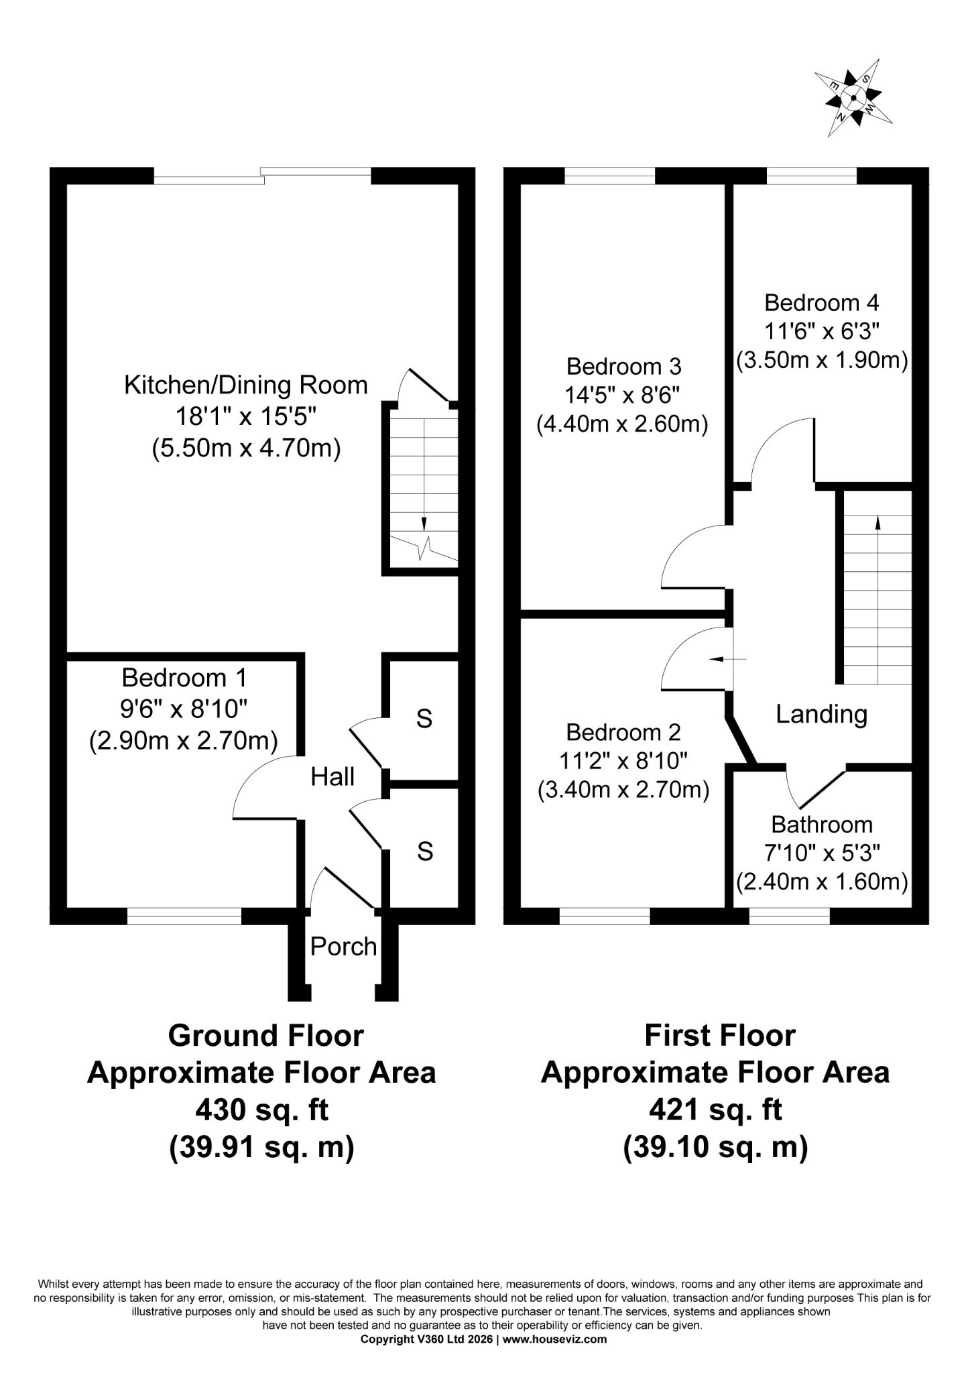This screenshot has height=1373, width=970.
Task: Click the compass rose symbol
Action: tap(853, 98)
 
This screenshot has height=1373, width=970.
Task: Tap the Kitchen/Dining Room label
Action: tap(246, 385)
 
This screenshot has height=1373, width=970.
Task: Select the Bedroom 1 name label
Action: tap(184, 678)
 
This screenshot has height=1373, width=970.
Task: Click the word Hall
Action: tap(332, 777)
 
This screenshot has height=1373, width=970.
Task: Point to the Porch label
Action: tap(343, 947)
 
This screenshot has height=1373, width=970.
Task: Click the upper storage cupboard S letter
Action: tap(424, 719)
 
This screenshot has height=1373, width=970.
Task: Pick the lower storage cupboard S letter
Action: tap(425, 851)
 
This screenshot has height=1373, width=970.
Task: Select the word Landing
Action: tap(821, 715)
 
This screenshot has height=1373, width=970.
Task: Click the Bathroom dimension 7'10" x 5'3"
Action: tap(822, 853)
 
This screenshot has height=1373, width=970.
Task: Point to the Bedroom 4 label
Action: tap(821, 303)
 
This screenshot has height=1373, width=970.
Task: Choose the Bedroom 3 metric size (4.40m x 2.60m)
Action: tap(623, 425)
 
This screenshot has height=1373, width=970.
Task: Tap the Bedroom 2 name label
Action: tap(623, 732)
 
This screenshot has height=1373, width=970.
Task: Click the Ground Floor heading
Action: tap(265, 1035)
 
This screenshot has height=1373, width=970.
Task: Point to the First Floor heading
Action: tap(720, 1035)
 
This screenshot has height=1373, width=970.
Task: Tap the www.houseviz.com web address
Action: tap(555, 1339)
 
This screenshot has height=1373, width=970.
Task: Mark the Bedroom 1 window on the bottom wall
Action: tap(184, 916)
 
